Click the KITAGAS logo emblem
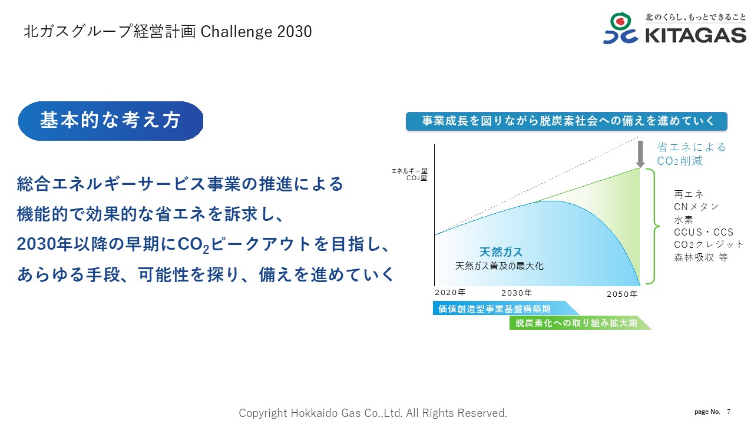point(620,28)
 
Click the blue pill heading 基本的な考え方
point(111,121)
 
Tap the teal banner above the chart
point(567,121)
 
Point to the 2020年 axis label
point(450,292)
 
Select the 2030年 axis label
point(517,293)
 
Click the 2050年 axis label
point(622,294)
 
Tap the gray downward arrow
point(640,154)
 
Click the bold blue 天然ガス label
point(501,251)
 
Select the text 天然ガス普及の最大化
point(499,266)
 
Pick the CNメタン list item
point(696,207)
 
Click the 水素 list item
point(683,220)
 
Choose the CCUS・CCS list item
point(703,232)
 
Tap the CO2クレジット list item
point(708,244)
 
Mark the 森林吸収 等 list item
point(701,257)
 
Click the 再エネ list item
point(689,194)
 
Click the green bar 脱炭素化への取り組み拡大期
point(580,323)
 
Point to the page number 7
point(729,412)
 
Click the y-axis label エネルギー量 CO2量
point(409,175)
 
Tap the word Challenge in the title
point(236,32)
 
